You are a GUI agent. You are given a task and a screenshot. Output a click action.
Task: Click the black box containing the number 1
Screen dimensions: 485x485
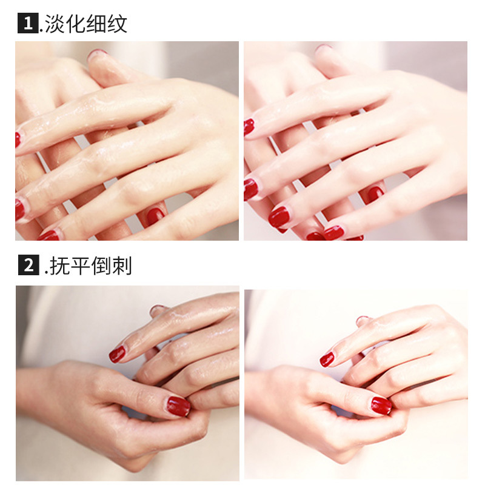(x=28, y=23)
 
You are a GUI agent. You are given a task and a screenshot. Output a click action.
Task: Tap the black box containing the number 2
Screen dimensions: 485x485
(x=28, y=265)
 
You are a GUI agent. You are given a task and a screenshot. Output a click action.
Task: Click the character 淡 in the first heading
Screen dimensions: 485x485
(x=55, y=24)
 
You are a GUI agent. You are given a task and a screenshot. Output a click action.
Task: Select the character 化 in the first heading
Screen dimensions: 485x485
(x=75, y=24)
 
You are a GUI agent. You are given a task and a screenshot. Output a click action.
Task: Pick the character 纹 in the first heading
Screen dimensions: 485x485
(x=117, y=24)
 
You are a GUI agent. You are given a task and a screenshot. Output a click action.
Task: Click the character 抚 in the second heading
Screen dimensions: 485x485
(x=59, y=266)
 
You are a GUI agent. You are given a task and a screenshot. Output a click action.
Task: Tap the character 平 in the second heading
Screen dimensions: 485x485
(x=80, y=266)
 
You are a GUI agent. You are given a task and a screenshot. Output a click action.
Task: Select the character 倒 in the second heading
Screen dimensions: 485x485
(x=101, y=266)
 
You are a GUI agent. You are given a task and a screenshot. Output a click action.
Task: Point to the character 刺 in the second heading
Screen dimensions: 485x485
(x=122, y=266)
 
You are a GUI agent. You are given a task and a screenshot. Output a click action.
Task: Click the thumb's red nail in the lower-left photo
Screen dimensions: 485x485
(x=178, y=406)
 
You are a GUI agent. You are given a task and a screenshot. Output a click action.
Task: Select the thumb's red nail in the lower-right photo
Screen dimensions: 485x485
(x=381, y=406)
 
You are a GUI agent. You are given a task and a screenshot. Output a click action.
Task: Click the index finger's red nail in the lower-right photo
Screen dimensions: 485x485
(x=327, y=360)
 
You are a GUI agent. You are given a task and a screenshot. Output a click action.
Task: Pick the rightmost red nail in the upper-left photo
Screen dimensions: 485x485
(x=155, y=216)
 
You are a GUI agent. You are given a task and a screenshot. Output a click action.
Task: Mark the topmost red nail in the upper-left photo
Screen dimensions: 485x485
(x=18, y=140)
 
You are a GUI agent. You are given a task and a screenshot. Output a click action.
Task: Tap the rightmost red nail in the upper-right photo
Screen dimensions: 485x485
(x=375, y=194)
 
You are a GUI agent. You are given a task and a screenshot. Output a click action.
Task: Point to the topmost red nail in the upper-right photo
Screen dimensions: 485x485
(x=249, y=127)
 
